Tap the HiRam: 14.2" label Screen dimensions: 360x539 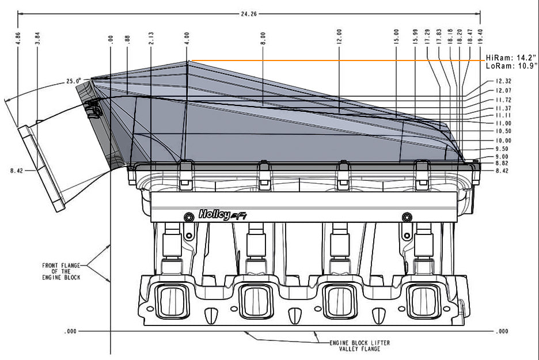(x=510, y=58)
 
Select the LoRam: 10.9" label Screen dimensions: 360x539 (x=510, y=66)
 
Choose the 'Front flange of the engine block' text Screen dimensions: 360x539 (x=61, y=271)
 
